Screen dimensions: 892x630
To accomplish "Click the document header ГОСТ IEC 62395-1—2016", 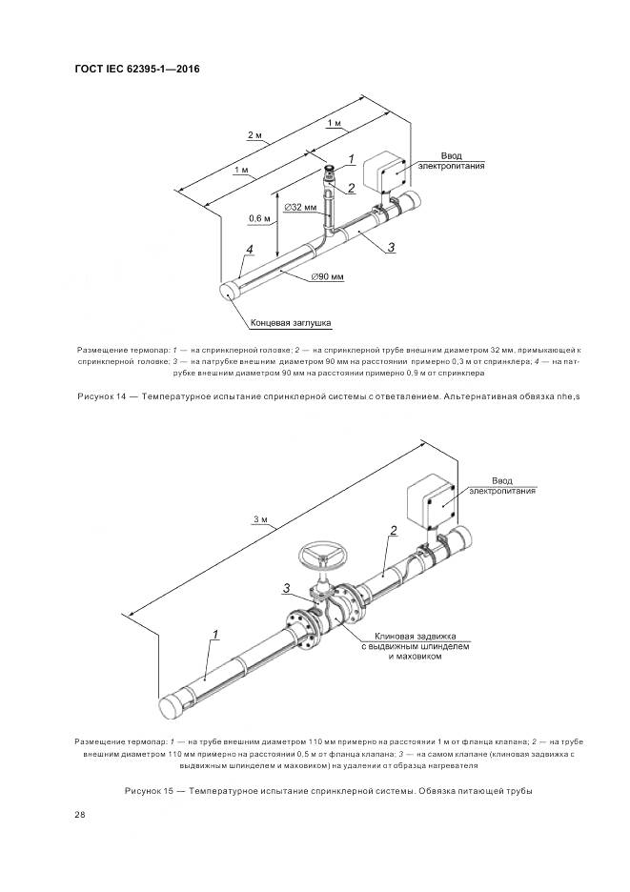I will (x=136, y=69).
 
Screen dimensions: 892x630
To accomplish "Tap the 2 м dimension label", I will (x=254, y=136).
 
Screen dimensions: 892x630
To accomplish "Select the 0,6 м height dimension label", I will (x=261, y=218).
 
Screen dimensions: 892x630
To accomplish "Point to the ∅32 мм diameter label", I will (x=302, y=207).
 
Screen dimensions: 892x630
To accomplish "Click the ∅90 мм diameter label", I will (x=326, y=276).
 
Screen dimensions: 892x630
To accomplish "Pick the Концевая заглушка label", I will (x=291, y=323).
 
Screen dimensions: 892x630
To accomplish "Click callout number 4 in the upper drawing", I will (x=250, y=250).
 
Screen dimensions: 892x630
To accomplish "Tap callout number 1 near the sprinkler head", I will (x=351, y=158).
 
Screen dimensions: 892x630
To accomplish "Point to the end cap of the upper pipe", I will (x=231, y=290).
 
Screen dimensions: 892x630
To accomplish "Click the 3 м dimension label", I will (x=264, y=519).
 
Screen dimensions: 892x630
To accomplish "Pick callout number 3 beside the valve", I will (x=286, y=587).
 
